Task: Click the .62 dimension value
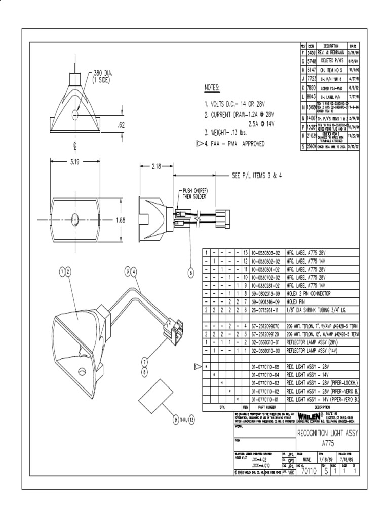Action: point(122,124)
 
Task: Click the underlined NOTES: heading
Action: point(212,88)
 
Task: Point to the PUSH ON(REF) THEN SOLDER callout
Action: point(192,193)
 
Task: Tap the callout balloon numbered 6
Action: point(191,273)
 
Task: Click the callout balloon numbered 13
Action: point(192,419)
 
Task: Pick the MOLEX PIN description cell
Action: point(298,301)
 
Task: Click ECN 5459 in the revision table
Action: point(312,52)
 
